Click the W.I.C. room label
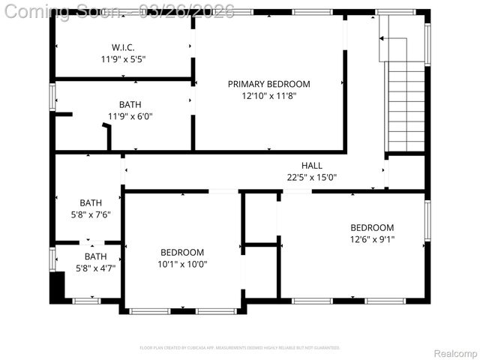[x=123, y=46]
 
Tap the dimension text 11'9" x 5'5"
[x=123, y=58]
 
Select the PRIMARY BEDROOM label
[x=268, y=84]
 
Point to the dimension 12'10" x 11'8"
[x=268, y=96]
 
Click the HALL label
[x=312, y=166]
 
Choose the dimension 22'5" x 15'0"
[x=312, y=178]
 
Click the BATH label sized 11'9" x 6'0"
[x=130, y=104]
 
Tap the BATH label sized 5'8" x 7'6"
[x=91, y=202]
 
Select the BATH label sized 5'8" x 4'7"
[x=95, y=256]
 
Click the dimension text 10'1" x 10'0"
[x=182, y=264]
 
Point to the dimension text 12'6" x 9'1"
[x=372, y=240]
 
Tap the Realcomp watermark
[x=453, y=352]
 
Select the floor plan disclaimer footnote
[x=240, y=348]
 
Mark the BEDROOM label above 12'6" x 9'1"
[x=372, y=228]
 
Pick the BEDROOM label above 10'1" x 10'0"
[x=182, y=252]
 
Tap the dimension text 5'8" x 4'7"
[x=95, y=268]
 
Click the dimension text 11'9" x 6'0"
[x=130, y=116]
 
